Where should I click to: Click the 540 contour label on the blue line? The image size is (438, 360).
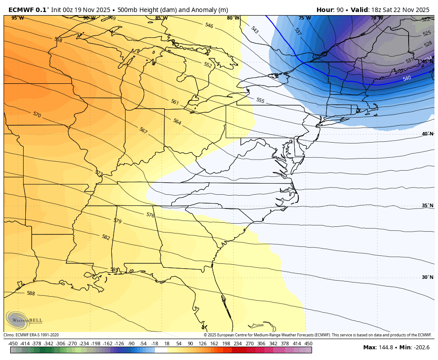pyautogui.click(x=407, y=78)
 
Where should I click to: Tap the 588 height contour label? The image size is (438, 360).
pyautogui.click(x=31, y=293)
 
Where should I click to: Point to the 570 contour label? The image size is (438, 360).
pyautogui.click(x=36, y=115)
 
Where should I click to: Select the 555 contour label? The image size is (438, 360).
pyautogui.click(x=260, y=100)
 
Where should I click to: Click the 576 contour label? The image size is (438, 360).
pyautogui.click(x=150, y=215)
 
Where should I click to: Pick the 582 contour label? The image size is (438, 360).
pyautogui.click(x=105, y=237)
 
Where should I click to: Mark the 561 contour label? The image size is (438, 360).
pyautogui.click(x=175, y=102)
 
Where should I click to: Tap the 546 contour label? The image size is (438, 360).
pyautogui.click(x=209, y=25)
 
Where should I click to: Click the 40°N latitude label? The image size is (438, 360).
pyautogui.click(x=427, y=134)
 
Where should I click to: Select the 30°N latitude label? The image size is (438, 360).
pyautogui.click(x=427, y=277)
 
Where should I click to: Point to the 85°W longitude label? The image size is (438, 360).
pyautogui.click(x=161, y=18)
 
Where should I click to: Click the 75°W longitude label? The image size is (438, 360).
pyautogui.click(x=304, y=18)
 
